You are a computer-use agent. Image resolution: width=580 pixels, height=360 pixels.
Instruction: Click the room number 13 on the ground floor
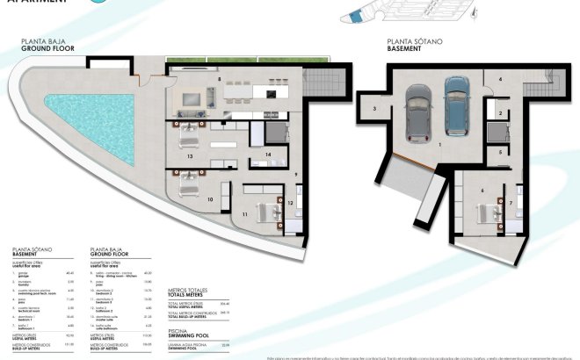tap(191, 156)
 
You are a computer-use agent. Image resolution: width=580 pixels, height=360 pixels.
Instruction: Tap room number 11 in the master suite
tap(244, 213)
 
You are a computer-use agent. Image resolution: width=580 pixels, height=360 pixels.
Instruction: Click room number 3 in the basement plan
tap(373, 109)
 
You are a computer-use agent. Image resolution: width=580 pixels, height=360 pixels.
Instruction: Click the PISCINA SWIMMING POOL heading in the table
tap(187, 336)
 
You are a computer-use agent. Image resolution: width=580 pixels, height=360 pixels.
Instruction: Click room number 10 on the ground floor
tap(210, 199)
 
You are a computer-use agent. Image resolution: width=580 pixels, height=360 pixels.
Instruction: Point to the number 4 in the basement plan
tap(501, 80)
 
